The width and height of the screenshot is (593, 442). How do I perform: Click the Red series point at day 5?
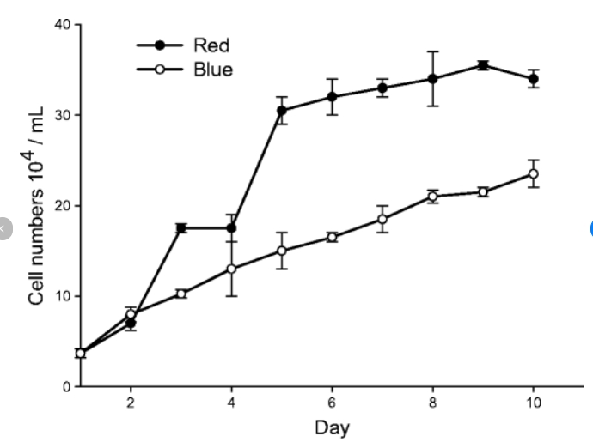click(x=281, y=110)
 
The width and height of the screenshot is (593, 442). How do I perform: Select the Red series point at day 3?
click(x=180, y=227)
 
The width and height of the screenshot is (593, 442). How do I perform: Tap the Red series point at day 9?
click(x=483, y=64)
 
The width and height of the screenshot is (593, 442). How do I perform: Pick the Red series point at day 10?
click(x=533, y=78)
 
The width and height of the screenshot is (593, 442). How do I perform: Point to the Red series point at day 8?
click(x=432, y=78)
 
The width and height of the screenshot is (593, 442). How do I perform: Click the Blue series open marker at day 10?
click(x=533, y=173)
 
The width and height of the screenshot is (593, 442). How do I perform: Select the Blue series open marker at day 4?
click(x=231, y=269)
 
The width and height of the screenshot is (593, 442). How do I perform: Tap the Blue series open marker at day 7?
click(x=382, y=219)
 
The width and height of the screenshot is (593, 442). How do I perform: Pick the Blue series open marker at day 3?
click(x=180, y=294)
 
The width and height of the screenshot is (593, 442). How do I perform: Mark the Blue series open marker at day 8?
click(x=432, y=197)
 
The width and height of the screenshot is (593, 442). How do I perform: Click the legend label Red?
click(x=211, y=45)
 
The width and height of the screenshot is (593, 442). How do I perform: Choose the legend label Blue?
click(x=213, y=70)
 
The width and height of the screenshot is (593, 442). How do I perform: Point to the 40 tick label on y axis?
click(x=62, y=24)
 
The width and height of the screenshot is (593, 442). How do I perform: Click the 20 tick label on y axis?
click(x=62, y=206)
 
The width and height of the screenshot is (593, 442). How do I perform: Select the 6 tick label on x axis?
click(x=332, y=404)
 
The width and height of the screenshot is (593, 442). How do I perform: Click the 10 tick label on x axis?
click(x=533, y=404)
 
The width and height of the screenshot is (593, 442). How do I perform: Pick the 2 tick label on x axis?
click(x=131, y=404)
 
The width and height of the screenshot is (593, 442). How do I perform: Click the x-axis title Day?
click(x=332, y=427)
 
